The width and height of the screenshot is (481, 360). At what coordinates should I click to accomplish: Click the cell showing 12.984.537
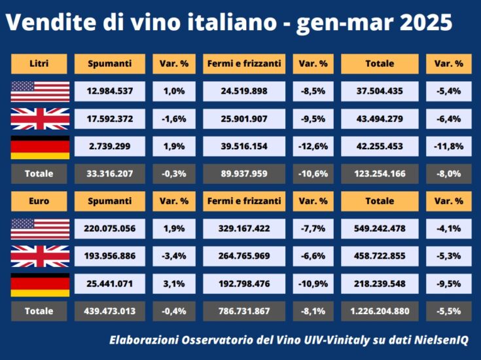pyautogui.click(x=109, y=92)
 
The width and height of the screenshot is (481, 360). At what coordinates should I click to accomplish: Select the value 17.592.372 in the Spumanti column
pyautogui.click(x=109, y=119)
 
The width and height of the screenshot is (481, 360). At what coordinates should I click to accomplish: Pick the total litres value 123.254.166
pyautogui.click(x=380, y=174)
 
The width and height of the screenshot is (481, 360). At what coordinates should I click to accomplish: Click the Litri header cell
pyautogui.click(x=39, y=64)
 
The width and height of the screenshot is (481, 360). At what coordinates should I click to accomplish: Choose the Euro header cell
pyautogui.click(x=39, y=201)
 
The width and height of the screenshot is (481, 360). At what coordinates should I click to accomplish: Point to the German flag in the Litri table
pyautogui.click(x=40, y=147)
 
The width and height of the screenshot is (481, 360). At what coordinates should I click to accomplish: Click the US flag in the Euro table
pyautogui.click(x=40, y=229)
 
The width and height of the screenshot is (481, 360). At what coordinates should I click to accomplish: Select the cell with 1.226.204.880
pyautogui.click(x=380, y=311)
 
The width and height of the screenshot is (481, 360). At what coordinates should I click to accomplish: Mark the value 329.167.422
pyautogui.click(x=243, y=229)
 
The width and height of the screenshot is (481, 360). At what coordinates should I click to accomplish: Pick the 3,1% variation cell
pyautogui.click(x=174, y=284)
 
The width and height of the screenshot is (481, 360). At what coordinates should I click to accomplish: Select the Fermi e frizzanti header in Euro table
pyautogui.click(x=243, y=201)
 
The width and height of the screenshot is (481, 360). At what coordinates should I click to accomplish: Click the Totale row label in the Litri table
pyautogui.click(x=39, y=174)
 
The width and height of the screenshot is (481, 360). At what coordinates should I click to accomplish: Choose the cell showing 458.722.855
pyautogui.click(x=380, y=257)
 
